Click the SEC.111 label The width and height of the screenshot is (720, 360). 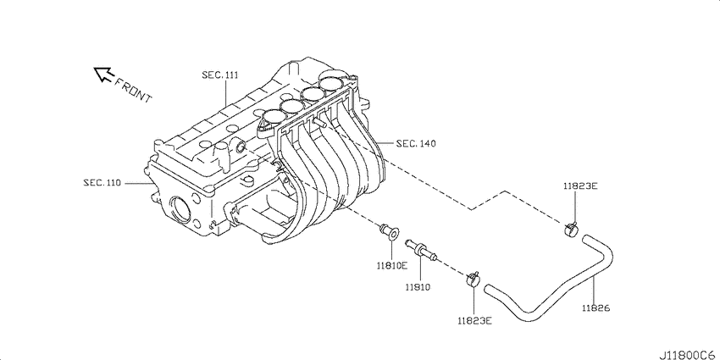point(219,75)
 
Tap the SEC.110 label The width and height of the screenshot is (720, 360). point(101,181)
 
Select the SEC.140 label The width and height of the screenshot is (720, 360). point(415,144)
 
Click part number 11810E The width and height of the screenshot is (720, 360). point(392,265)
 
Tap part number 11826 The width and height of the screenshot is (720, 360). point(595,307)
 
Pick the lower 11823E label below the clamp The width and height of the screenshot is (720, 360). point(474,321)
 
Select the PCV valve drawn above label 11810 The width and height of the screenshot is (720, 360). point(419,248)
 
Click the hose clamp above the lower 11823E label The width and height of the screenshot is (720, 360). point(473,278)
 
